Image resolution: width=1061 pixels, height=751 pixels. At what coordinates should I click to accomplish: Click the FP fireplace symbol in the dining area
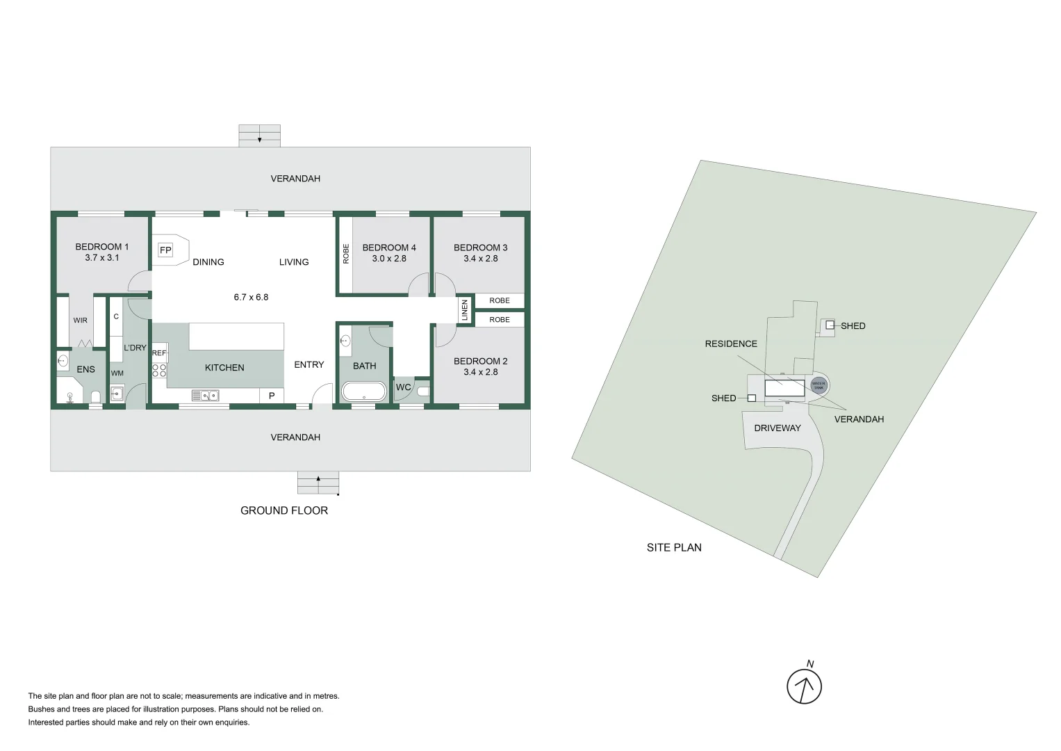coord(165,250)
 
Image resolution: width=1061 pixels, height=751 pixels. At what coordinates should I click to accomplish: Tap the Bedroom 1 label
coord(102,247)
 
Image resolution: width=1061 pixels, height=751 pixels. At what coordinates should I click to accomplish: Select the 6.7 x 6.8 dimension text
coord(251,297)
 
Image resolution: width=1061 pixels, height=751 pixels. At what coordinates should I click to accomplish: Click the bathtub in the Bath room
coord(364,391)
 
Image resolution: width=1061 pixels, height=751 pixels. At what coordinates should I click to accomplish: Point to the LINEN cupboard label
coord(465,311)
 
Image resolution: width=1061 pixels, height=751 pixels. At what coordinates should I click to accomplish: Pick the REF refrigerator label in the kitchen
coord(159,353)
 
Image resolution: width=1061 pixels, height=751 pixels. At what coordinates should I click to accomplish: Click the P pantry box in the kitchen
coord(272,396)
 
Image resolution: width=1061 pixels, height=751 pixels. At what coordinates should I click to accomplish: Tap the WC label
coord(403,387)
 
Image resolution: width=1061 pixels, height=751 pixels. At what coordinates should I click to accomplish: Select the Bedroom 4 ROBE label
coord(346,254)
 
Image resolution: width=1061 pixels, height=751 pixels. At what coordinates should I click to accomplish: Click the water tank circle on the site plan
coord(819,385)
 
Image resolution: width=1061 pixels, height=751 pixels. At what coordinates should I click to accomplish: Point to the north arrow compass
coord(805,686)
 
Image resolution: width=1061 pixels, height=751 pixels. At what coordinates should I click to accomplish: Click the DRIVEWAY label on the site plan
coord(778,428)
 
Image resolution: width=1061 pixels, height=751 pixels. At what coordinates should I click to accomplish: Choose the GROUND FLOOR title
coord(284,510)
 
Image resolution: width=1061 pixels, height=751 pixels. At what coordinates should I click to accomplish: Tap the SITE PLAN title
coord(674,547)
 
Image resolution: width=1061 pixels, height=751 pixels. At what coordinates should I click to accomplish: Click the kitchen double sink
coord(206,396)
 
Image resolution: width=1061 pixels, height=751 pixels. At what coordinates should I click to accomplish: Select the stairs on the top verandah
coord(259,136)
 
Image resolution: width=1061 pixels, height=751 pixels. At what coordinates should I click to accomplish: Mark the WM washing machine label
coord(117,373)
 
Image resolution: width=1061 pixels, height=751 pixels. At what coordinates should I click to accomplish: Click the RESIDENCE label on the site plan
coord(731,344)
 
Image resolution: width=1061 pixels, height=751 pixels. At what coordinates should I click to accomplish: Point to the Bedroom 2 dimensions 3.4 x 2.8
coord(481,372)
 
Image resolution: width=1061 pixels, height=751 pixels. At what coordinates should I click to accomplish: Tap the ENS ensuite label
coord(85,369)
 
